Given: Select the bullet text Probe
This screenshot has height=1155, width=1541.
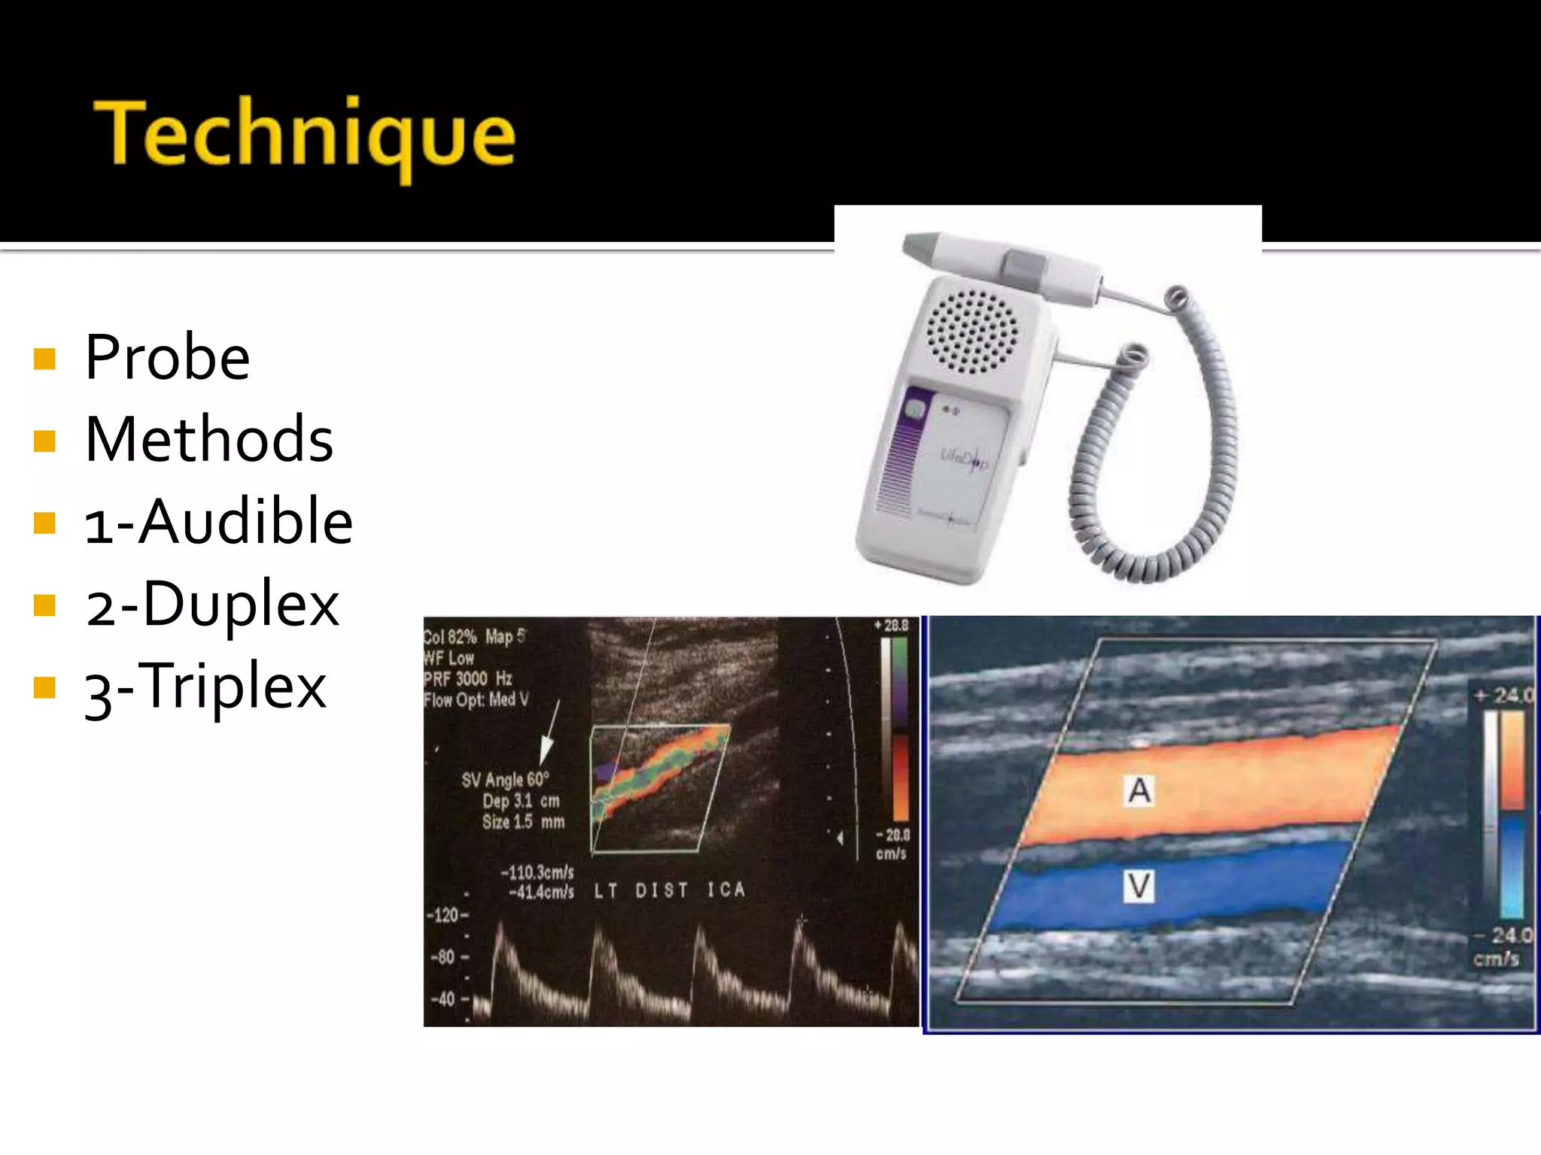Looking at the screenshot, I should (x=167, y=358).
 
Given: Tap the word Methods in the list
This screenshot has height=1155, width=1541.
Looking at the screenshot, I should (x=208, y=440).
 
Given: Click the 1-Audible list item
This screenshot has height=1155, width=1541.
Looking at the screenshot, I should (x=218, y=522).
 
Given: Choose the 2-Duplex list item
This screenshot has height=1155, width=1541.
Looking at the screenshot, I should (x=212, y=604).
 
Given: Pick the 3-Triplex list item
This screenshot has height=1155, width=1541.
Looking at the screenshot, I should (x=205, y=687).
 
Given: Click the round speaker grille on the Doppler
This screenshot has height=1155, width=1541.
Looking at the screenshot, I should (x=971, y=332).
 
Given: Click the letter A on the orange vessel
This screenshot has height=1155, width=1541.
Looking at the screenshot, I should (x=1139, y=790).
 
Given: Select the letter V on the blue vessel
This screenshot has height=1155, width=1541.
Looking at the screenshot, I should (x=1139, y=885).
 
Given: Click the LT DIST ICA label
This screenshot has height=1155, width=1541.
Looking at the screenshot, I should (x=669, y=891).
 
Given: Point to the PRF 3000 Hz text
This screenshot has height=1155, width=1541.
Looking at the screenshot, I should (x=467, y=679).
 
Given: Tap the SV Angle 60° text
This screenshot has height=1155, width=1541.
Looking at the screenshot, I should (x=505, y=780).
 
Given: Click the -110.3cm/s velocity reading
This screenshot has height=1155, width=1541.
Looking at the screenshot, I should (x=537, y=873).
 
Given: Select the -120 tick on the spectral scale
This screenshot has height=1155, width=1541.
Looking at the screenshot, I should (x=446, y=915).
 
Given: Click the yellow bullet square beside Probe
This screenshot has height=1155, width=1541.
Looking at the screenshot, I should (x=45, y=359).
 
